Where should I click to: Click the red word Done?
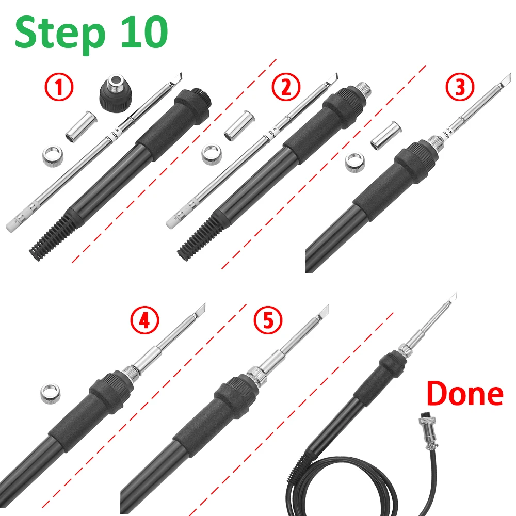point(464,394)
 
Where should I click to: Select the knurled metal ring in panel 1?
point(54,155)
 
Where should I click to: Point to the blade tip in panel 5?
point(323,311)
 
